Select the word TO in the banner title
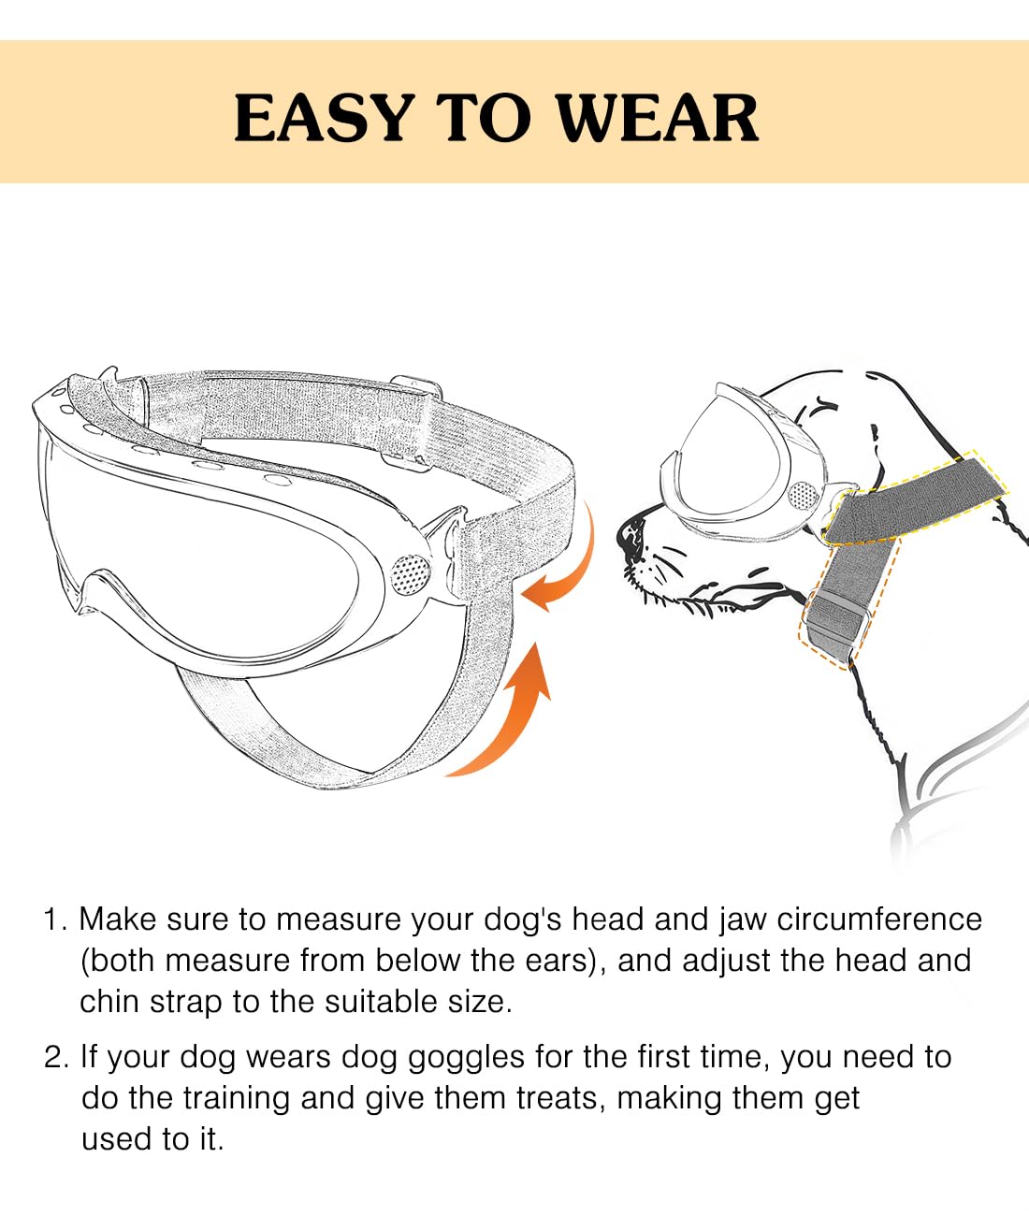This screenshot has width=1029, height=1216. [x=484, y=119]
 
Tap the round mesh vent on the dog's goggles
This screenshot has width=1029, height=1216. [x=801, y=496]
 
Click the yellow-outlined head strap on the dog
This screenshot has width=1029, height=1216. [x=912, y=496]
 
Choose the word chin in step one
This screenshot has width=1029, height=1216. [x=109, y=1002]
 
